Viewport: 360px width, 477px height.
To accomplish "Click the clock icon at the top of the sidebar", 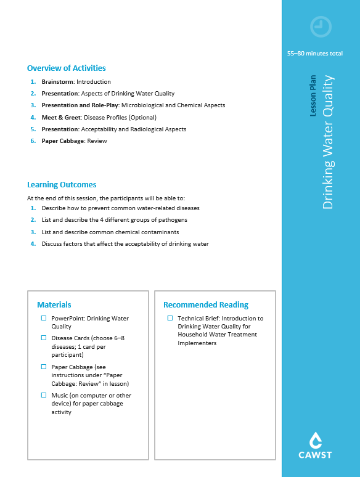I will [321, 26].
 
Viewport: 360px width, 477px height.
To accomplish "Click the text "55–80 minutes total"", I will [315, 54].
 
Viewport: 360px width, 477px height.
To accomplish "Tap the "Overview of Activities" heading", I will [67, 68].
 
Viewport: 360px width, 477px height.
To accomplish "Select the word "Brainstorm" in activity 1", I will [58, 82].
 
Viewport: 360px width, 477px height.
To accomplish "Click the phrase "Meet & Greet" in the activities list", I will [60, 118].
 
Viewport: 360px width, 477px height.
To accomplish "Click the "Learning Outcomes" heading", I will [62, 185].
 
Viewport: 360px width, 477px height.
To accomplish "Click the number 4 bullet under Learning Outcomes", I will [33, 244].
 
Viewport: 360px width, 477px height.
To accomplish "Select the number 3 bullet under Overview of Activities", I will [33, 105].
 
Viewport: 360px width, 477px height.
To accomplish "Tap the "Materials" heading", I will [54, 305].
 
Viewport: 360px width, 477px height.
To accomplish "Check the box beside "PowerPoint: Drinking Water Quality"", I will [44, 319].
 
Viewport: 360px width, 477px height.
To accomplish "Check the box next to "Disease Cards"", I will [44, 338].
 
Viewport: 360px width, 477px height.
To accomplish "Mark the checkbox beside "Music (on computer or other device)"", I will [44, 396].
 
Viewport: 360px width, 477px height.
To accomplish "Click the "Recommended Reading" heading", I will [206, 305].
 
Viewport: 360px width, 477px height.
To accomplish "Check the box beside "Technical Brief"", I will [170, 319].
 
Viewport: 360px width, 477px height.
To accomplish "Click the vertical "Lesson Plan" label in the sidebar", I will [314, 96].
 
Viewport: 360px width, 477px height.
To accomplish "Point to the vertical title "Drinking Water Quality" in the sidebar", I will [328, 142].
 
